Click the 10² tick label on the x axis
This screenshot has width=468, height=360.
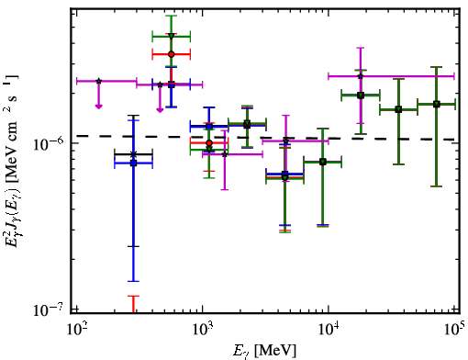(x=76, y=330)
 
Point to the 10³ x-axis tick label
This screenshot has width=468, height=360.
(x=202, y=330)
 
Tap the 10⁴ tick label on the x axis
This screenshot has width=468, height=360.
(x=329, y=330)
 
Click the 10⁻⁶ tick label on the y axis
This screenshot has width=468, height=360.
(x=48, y=144)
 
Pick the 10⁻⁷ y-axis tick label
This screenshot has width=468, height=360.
(x=48, y=309)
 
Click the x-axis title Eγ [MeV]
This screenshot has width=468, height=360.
(x=264, y=351)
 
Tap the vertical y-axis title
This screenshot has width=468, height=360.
(x=12, y=161)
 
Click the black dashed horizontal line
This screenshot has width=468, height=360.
(x=265, y=138)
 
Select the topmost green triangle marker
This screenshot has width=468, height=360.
(x=172, y=37)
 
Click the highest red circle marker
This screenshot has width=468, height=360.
(x=172, y=54)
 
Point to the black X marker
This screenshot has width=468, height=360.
(x=133, y=154)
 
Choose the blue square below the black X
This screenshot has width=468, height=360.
(x=133, y=163)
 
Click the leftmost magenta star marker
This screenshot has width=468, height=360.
(x=98, y=81)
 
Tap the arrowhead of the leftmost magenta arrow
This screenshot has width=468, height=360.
(x=98, y=107)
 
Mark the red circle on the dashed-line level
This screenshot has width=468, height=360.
(x=209, y=143)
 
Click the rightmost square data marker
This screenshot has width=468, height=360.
(x=437, y=104)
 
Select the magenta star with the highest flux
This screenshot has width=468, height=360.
(x=361, y=76)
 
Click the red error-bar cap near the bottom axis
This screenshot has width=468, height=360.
(x=133, y=296)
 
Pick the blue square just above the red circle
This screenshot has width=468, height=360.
(x=209, y=126)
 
